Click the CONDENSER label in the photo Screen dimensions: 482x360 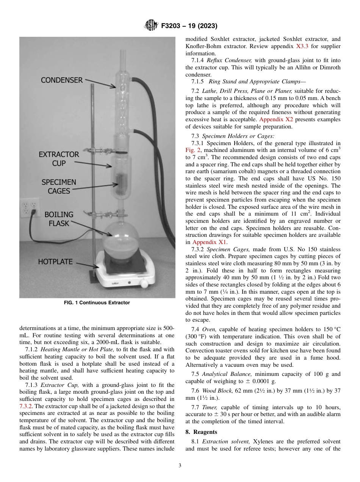click(x=61, y=80)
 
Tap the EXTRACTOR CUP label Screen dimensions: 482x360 click(x=59, y=159)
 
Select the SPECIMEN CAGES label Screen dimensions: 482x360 click(x=59, y=186)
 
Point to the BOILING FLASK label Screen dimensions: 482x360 click(x=59, y=219)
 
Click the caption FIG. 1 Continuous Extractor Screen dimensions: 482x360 click(x=97, y=303)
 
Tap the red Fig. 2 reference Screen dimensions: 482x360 click(x=192, y=150)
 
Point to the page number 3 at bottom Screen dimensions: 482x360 click(x=180, y=466)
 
